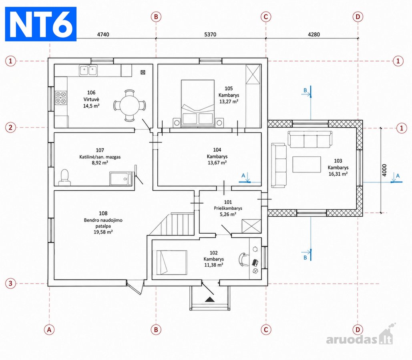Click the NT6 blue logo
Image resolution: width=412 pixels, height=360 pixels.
coord(41,24)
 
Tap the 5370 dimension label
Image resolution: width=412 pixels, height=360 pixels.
coord(210,34)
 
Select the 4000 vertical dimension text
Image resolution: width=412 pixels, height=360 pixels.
coord(384,170)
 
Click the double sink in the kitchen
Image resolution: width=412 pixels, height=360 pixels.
coord(88,70)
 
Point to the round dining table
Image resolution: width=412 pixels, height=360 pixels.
coord(130,106)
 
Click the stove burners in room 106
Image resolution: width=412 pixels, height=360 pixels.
coord(61,98)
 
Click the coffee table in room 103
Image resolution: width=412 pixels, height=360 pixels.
coord(307,164)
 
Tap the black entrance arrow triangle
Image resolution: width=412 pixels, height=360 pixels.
coord(210,299)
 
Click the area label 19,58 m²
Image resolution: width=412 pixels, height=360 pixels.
coord(103,232)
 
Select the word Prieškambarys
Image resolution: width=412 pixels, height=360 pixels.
coord(228,208)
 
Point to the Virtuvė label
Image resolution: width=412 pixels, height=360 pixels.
coord(91,99)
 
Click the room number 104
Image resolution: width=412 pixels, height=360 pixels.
coord(217,150)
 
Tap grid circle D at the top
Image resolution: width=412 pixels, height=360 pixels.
coord(358,17)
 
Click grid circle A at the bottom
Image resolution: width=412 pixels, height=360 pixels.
coord(49,330)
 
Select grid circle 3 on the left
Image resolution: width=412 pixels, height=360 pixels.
coord(10,283)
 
